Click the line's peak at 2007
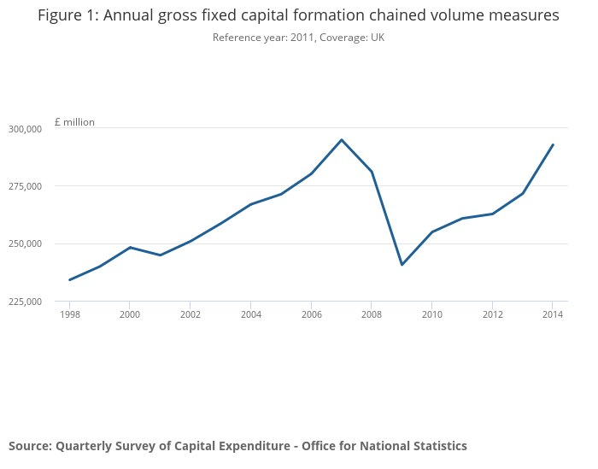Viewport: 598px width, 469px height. tap(342, 140)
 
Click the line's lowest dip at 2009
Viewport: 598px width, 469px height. tap(402, 265)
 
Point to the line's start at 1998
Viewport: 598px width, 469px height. tap(69, 279)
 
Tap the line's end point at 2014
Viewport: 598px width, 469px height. tap(553, 144)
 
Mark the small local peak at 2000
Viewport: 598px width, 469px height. tap(130, 247)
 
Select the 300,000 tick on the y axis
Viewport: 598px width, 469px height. tap(25, 129)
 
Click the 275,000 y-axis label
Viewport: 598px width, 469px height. tap(25, 186)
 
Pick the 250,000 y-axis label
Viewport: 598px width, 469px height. tap(25, 244)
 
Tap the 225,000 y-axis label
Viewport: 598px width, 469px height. tap(25, 302)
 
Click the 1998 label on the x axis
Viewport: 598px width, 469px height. tap(69, 314)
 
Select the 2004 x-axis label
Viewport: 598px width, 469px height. tap(250, 314)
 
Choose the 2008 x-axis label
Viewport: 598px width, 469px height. tap(372, 314)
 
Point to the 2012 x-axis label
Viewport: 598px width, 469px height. tap(492, 314)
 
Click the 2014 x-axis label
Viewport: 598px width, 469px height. tap(553, 314)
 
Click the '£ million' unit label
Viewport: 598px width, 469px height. tap(74, 122)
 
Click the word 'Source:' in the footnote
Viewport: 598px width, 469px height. tap(30, 446)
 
